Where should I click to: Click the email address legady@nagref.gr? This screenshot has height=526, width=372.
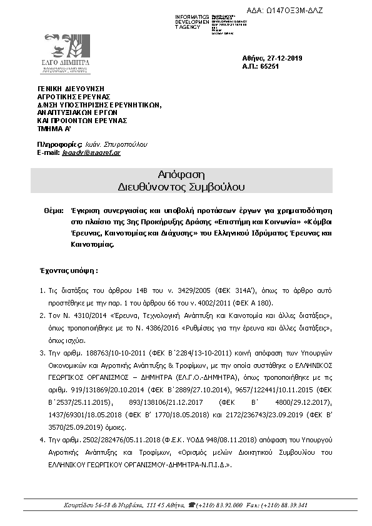coord(91,152)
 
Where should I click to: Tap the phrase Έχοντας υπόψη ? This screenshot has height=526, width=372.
coord(69,271)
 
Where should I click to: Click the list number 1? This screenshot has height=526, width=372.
coord(42,291)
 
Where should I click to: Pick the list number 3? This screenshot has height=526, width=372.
coord(42,353)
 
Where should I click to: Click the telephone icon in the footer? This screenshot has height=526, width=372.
coord(191,505)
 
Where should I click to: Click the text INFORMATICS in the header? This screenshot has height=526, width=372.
coord(192,16)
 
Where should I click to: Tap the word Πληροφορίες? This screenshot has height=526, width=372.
coord(56,144)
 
